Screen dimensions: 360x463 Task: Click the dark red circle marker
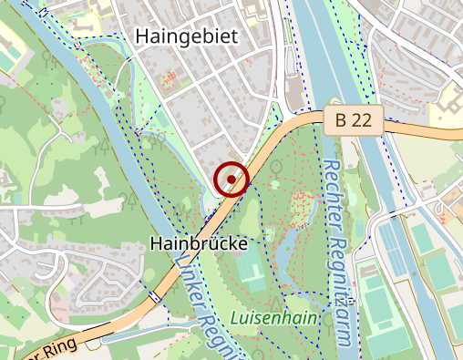(x=232, y=179)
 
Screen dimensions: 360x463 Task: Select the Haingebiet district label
(x=186, y=36)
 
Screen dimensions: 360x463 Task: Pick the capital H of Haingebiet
(x=142, y=36)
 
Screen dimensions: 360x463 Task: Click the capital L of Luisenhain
(x=236, y=319)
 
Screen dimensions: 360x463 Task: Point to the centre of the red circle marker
(x=232, y=179)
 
